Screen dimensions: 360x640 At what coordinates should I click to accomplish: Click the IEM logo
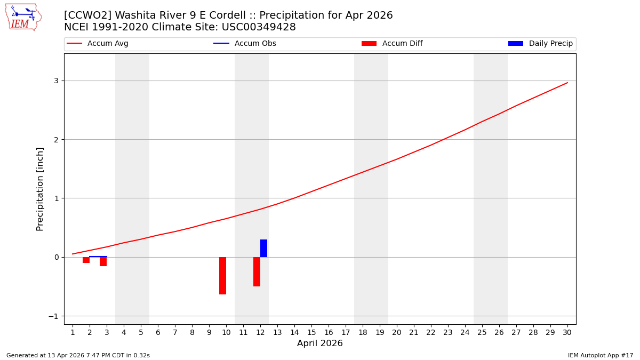click(23, 17)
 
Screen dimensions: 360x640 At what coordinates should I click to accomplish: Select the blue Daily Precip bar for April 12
click(263, 248)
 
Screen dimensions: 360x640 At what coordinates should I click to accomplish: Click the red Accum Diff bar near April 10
click(222, 276)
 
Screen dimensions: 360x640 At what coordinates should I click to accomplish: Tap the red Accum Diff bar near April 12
click(257, 271)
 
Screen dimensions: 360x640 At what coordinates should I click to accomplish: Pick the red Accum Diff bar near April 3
click(103, 261)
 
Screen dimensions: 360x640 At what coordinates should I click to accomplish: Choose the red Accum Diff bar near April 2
click(86, 260)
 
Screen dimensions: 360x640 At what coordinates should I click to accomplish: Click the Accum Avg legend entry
click(98, 44)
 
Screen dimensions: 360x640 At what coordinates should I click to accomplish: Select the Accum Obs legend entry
click(245, 44)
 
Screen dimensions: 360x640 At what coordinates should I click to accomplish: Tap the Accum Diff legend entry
click(393, 44)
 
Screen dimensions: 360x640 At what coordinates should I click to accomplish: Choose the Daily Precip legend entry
click(541, 44)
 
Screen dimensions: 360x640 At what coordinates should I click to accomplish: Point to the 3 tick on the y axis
click(55, 81)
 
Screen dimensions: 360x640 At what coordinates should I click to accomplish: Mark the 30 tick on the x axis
click(567, 332)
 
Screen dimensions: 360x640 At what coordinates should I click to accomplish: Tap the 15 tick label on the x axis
click(311, 332)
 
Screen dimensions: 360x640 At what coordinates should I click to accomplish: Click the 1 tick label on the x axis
click(73, 332)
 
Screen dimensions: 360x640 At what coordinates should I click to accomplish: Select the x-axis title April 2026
click(319, 343)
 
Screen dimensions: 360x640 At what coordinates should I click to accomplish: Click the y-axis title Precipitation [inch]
click(40, 189)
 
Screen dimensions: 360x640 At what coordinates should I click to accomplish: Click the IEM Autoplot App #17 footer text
click(601, 355)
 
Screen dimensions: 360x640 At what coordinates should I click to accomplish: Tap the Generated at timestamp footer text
click(78, 355)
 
